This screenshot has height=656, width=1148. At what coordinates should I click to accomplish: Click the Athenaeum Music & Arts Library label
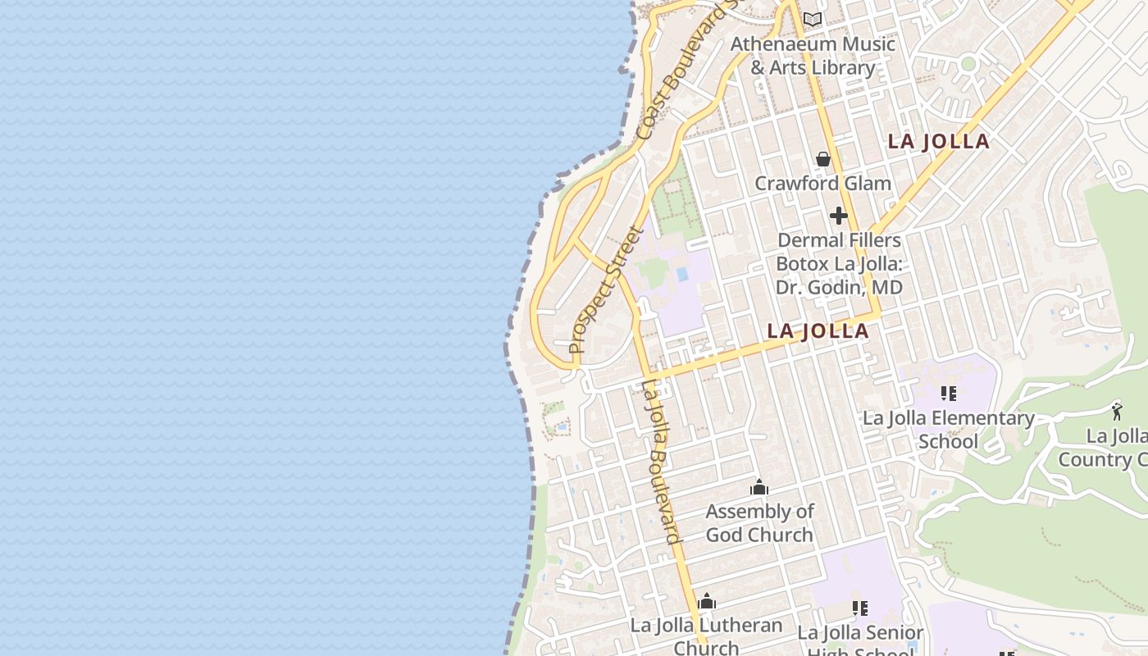[813, 56]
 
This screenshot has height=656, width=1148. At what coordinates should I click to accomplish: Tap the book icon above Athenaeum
[813, 19]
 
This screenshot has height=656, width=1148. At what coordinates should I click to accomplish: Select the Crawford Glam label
[822, 183]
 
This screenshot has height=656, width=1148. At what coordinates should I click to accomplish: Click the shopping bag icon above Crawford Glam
[823, 159]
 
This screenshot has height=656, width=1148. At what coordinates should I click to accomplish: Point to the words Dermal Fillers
[838, 240]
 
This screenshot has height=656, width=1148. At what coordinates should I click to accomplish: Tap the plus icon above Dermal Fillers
[838, 216]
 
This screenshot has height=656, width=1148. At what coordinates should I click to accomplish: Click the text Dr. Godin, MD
[838, 288]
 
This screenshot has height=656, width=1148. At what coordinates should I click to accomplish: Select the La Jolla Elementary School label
[948, 429]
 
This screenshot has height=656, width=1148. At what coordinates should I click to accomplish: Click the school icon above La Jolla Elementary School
[949, 394]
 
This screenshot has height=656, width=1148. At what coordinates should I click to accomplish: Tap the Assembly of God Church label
[759, 522]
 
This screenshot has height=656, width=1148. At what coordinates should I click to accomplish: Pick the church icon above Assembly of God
[759, 488]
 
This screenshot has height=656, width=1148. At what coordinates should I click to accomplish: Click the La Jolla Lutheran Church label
[706, 635]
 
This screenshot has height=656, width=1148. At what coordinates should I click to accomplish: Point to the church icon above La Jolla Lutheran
[706, 602]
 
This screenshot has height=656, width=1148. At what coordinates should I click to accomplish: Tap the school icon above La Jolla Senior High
[859, 608]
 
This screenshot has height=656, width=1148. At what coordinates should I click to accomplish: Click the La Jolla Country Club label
[1107, 447]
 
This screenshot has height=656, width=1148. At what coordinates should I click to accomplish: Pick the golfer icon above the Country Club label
[1116, 411]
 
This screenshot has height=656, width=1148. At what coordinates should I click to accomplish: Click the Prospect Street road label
[605, 291]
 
